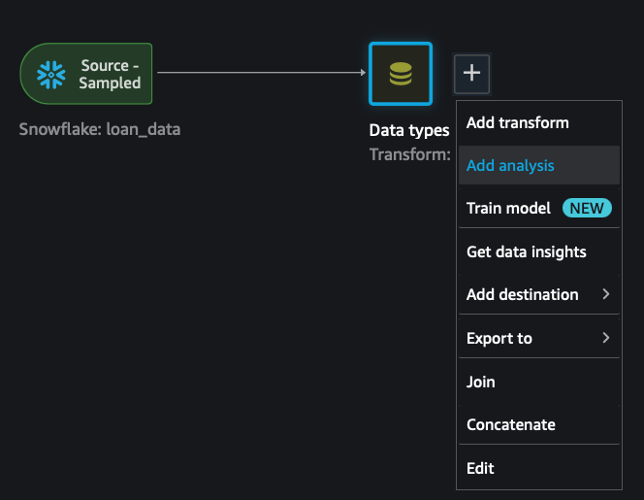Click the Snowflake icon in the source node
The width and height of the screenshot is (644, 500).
[50, 74]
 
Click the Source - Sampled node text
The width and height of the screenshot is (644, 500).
[110, 74]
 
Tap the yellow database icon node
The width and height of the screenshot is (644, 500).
[400, 74]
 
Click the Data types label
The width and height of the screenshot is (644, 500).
[409, 130]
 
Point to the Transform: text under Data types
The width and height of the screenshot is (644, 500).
[409, 153]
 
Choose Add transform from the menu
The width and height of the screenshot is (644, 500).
[517, 122]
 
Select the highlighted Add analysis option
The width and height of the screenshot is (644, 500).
[510, 165]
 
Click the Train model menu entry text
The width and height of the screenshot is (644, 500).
[508, 208]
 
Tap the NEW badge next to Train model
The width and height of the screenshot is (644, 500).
[586, 208]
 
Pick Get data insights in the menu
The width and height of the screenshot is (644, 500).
[526, 251]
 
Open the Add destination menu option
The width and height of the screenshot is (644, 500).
[522, 294]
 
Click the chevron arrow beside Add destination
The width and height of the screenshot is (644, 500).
[606, 294]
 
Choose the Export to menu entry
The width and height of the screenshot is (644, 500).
[499, 338]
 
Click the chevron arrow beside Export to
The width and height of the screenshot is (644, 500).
[606, 338]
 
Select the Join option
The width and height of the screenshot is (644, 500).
[480, 382]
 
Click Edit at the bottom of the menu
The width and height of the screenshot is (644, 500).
[480, 468]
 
